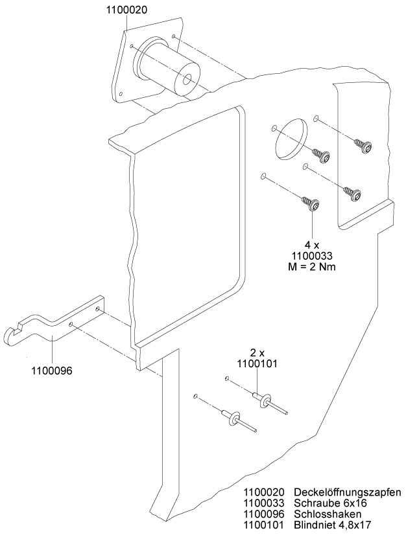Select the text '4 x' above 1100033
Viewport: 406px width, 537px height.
coord(312,245)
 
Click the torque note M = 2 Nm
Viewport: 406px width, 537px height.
coord(312,267)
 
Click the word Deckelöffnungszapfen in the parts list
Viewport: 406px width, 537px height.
coord(347,492)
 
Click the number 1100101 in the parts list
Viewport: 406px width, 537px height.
coord(265,525)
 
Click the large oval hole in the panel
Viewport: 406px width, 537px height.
coord(291,138)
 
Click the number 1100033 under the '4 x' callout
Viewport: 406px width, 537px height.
coord(312,256)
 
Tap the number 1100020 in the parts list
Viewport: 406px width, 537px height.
coord(265,492)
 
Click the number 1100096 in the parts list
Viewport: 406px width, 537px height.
coord(265,514)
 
